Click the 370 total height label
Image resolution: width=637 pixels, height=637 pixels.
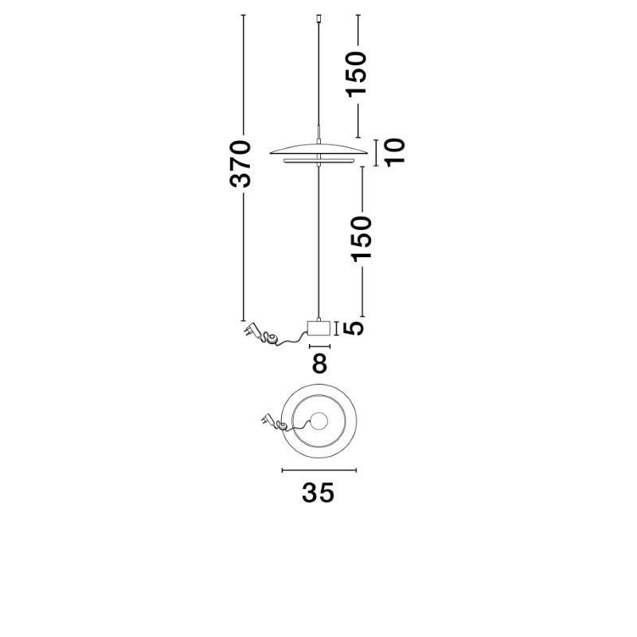tap(240, 164)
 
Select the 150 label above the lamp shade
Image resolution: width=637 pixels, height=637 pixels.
tap(356, 74)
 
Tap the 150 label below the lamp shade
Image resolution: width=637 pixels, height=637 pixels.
tap(361, 239)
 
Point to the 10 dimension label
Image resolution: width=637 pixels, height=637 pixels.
tap(394, 153)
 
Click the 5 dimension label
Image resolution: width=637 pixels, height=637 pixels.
tap(353, 328)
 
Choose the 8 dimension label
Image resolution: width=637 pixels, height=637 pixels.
tap(319, 364)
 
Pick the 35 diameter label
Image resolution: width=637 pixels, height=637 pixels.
tap(318, 493)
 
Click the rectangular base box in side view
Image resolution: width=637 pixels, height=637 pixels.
tap(319, 328)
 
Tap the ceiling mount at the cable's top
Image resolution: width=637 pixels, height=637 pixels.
tap(319, 18)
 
